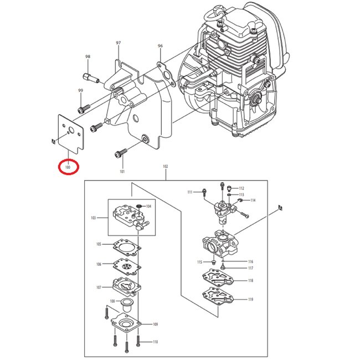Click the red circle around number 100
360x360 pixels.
coord(68,166)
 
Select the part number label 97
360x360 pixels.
coord(118,43)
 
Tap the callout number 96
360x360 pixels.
coord(160,46)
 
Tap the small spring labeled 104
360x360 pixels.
coord(138,206)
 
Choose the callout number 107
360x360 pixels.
coord(99,287)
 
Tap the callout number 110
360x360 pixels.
coord(155,342)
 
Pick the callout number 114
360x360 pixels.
coord(253,200)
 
